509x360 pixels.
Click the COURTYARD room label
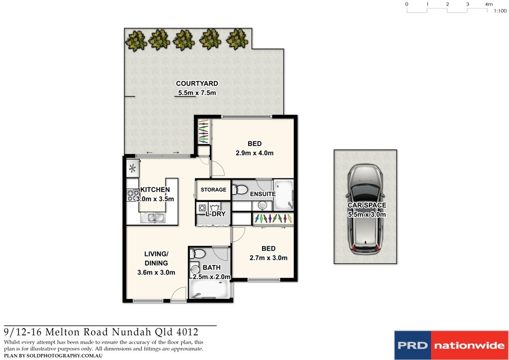pyautogui.click(x=197, y=84)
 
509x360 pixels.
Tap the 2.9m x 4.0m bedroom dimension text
pyautogui.click(x=254, y=153)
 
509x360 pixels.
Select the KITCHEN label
pyautogui.click(x=155, y=190)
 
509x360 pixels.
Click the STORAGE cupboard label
pyautogui.click(x=213, y=190)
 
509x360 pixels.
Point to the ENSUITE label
pyautogui.click(x=262, y=193)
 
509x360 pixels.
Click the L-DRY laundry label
pyautogui.click(x=216, y=214)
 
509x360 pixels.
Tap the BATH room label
pyautogui.click(x=211, y=268)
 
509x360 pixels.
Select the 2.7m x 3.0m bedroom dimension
pyautogui.click(x=268, y=258)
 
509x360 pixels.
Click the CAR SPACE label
pyautogui.click(x=366, y=205)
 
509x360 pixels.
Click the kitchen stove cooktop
pyautogui.click(x=132, y=195)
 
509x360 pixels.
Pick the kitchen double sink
pyautogui.click(x=155, y=217)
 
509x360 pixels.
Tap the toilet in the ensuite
pyautogui.click(x=240, y=189)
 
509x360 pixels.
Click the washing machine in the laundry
pyautogui.click(x=203, y=207)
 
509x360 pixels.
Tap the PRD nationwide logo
pyautogui.click(x=451, y=345)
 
